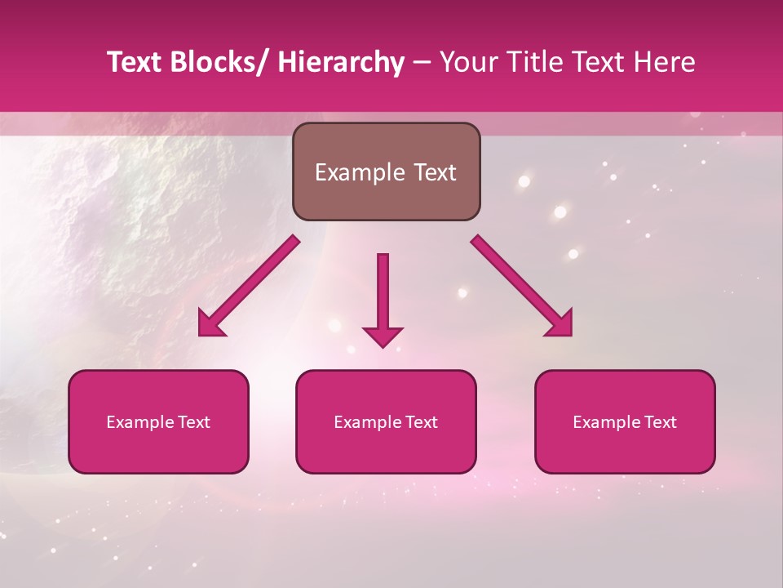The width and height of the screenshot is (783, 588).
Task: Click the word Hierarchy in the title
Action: click(341, 62)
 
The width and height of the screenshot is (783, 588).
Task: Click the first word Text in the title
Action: click(135, 62)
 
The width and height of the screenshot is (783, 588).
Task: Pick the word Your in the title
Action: click(465, 62)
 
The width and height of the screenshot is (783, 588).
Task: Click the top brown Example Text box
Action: click(386, 171)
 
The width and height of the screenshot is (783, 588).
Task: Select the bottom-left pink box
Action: click(158, 421)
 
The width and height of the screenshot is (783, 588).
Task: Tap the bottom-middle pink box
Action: click(386, 421)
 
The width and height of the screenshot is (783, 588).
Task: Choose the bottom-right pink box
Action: click(625, 421)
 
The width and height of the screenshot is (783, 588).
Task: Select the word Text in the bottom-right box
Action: click(659, 422)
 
